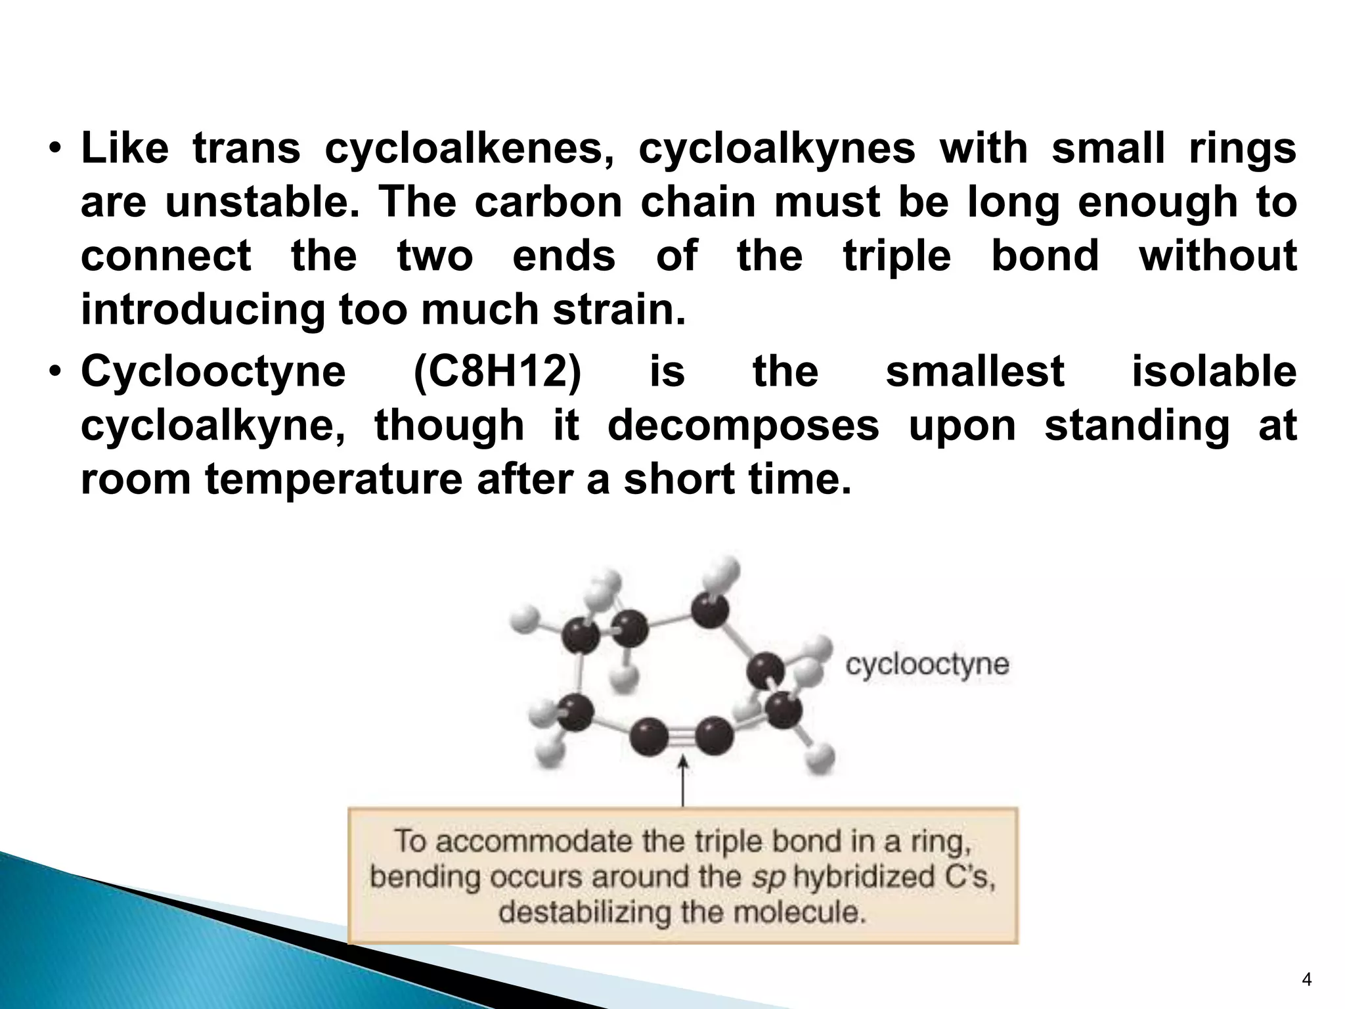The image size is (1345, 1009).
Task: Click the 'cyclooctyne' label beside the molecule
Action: point(927,664)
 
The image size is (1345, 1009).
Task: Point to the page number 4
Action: point(1306,981)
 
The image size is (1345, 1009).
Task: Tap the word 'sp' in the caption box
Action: point(767,878)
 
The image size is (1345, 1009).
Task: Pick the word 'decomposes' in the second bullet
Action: point(743,426)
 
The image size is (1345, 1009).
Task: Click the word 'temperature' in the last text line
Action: point(334,480)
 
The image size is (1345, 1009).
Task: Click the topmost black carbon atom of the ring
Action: point(710,611)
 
